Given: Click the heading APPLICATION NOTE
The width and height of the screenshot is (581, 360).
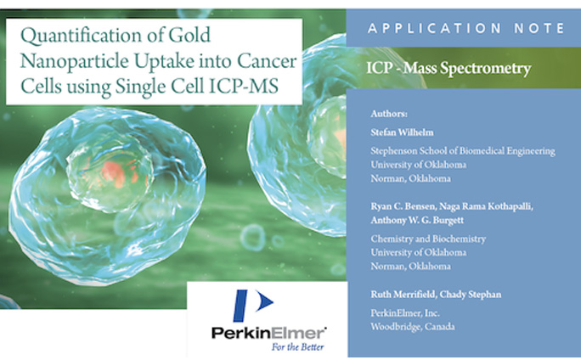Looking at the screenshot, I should pyautogui.click(x=465, y=28).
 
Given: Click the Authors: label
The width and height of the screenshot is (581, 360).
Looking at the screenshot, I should pyautogui.click(x=389, y=113).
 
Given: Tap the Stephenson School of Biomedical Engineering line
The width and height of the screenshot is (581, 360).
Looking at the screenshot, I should pyautogui.click(x=463, y=151).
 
